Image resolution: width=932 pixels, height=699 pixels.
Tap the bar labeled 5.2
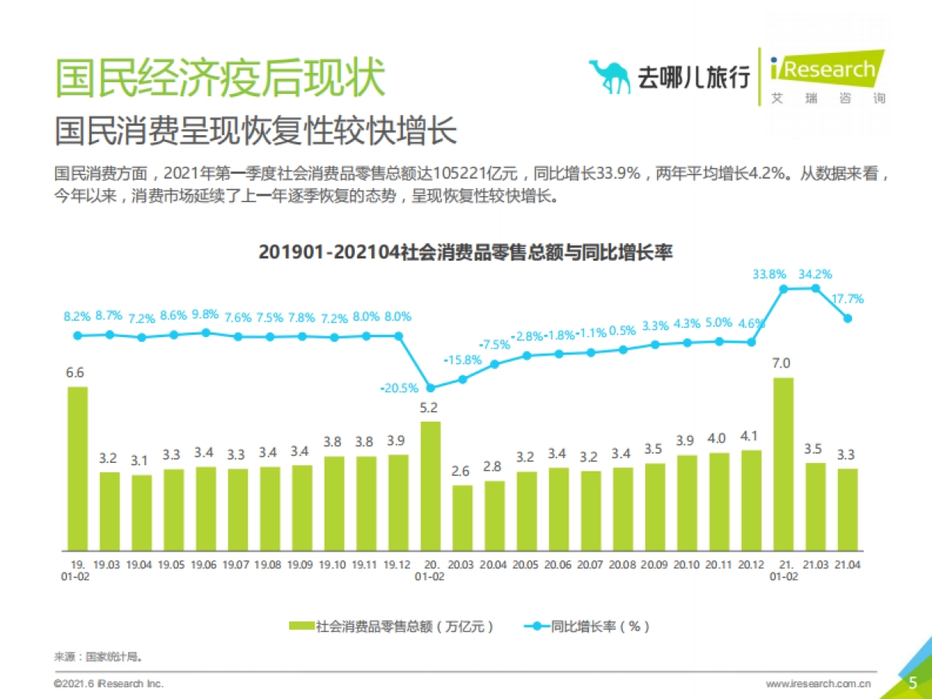click(x=430, y=485)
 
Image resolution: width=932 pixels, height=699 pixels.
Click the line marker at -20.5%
click(x=430, y=388)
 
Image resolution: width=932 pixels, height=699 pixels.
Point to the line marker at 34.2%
click(x=815, y=288)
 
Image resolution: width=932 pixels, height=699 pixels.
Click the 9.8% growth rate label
click(x=206, y=316)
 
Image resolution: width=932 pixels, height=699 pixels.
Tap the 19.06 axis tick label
click(x=205, y=564)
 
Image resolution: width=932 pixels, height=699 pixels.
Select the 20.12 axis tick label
click(x=751, y=564)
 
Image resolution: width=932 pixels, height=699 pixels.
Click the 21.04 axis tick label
click(x=847, y=564)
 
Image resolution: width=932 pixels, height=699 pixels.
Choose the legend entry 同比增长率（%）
click(x=586, y=626)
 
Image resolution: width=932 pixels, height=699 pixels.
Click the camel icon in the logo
click(x=610, y=76)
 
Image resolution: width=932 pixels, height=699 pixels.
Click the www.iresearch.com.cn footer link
click(x=818, y=683)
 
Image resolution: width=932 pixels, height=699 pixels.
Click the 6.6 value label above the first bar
click(x=75, y=373)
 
